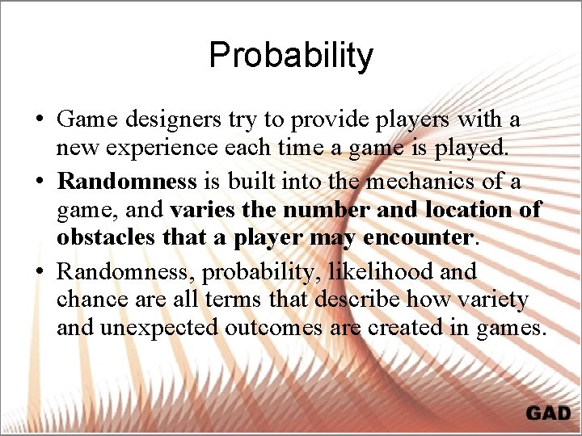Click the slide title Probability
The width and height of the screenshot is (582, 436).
[x=291, y=56]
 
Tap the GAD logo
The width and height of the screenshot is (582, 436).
[x=548, y=413]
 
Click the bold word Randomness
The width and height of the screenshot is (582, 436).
[x=127, y=182]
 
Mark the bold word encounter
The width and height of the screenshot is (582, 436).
[x=418, y=238]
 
